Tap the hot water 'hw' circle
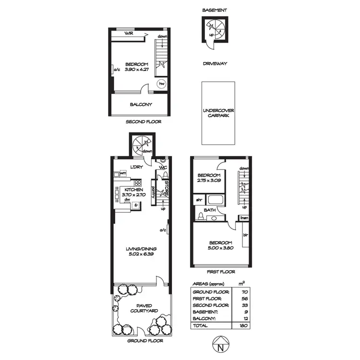point(162,83)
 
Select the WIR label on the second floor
point(129,33)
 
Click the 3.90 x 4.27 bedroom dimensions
point(137,70)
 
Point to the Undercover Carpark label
point(218,113)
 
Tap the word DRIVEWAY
point(215,63)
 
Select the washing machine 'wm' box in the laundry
point(116,173)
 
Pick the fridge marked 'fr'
point(136,205)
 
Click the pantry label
point(153,192)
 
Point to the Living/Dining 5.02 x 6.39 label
point(141,252)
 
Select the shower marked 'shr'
point(198,199)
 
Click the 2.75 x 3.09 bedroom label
point(209,178)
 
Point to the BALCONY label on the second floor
point(141,105)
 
